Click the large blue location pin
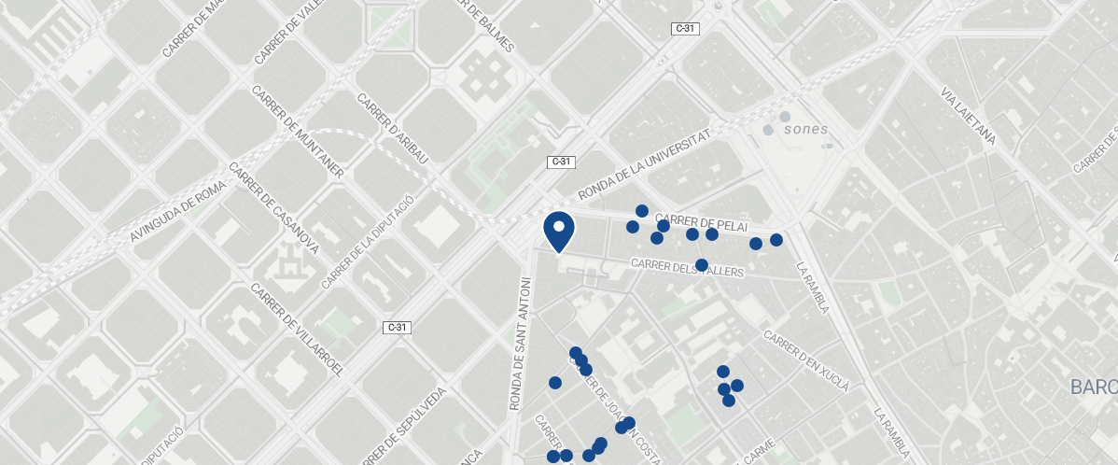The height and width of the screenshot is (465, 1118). point(558,230)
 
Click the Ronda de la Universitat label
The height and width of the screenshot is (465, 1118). point(646,164)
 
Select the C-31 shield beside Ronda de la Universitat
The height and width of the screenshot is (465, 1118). point(560,162)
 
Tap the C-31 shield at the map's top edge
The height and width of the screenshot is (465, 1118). point(685,29)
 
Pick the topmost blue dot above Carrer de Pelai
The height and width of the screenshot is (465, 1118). point(642,211)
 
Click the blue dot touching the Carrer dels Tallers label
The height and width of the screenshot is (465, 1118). point(702,265)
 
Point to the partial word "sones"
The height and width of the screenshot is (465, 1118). point(805,129)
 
